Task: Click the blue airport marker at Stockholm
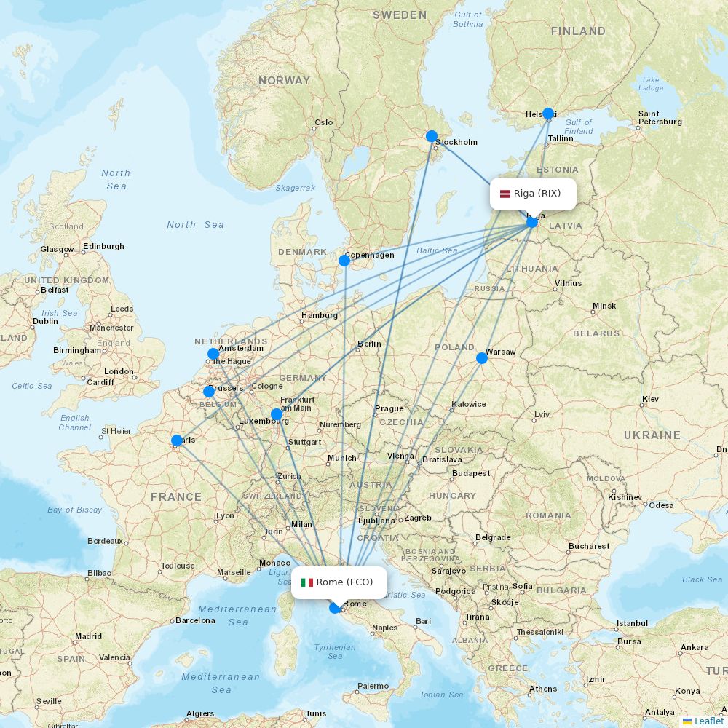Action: (431, 136)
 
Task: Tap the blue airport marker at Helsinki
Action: (548, 114)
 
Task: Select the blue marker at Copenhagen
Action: (344, 260)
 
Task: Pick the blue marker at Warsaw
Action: (482, 358)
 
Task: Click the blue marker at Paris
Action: (177, 440)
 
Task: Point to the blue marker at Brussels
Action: (209, 392)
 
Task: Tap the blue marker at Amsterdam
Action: (213, 355)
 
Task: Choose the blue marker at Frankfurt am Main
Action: (277, 415)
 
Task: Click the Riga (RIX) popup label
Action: (533, 194)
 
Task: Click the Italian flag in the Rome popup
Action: (307, 582)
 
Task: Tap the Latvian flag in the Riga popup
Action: (505, 194)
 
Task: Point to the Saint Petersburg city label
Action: (660, 118)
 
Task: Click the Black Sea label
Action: (702, 579)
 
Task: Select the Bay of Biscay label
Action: (75, 510)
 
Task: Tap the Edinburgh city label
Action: (103, 246)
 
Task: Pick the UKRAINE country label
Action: (652, 435)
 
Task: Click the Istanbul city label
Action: (631, 623)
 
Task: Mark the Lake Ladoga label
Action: (651, 84)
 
